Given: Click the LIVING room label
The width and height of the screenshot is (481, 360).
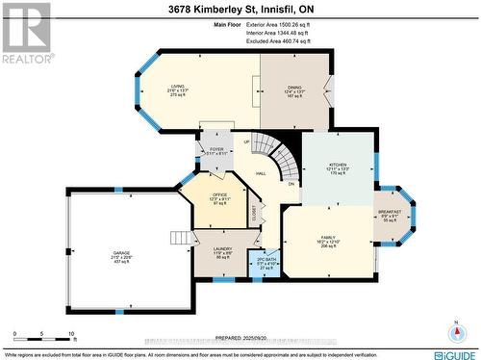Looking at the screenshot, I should coord(178,86).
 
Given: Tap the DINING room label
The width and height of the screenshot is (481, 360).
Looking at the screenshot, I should coord(295,86).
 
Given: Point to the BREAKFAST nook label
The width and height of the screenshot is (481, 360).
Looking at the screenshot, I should coord(390,212).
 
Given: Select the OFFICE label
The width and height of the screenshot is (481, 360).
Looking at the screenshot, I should coord(219,193).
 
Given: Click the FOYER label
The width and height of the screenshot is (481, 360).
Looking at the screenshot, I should coord(216,149).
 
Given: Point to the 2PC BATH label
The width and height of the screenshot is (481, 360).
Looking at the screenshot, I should coord(266,260).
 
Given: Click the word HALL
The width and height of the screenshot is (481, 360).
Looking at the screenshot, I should coord(261,173).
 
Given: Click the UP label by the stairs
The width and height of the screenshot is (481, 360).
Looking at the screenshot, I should coord(247,141).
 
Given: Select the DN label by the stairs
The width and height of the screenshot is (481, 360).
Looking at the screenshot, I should coord(291,183).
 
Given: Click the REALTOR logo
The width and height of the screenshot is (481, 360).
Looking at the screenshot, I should coord(26,33).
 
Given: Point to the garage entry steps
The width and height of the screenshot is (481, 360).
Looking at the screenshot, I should coord(180,238).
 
